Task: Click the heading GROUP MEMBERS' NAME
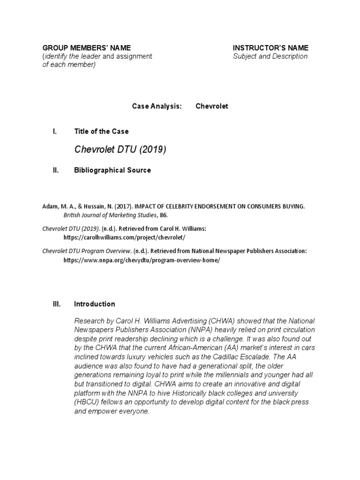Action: pyautogui.click(x=87, y=48)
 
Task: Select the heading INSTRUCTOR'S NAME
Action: pyautogui.click(x=270, y=48)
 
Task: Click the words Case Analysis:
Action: pyautogui.click(x=157, y=106)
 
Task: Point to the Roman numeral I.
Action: pyautogui.click(x=55, y=131)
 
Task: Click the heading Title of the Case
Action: pyautogui.click(x=101, y=131)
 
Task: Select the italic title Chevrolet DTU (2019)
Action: pyautogui.click(x=120, y=150)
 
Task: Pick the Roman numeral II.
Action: pyautogui.click(x=55, y=170)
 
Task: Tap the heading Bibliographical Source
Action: pyautogui.click(x=112, y=170)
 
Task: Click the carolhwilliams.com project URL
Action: pyautogui.click(x=124, y=238)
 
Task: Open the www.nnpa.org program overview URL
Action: pyautogui.click(x=142, y=260)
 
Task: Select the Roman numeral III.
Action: pyautogui.click(x=56, y=304)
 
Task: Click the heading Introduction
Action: pyautogui.click(x=94, y=304)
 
